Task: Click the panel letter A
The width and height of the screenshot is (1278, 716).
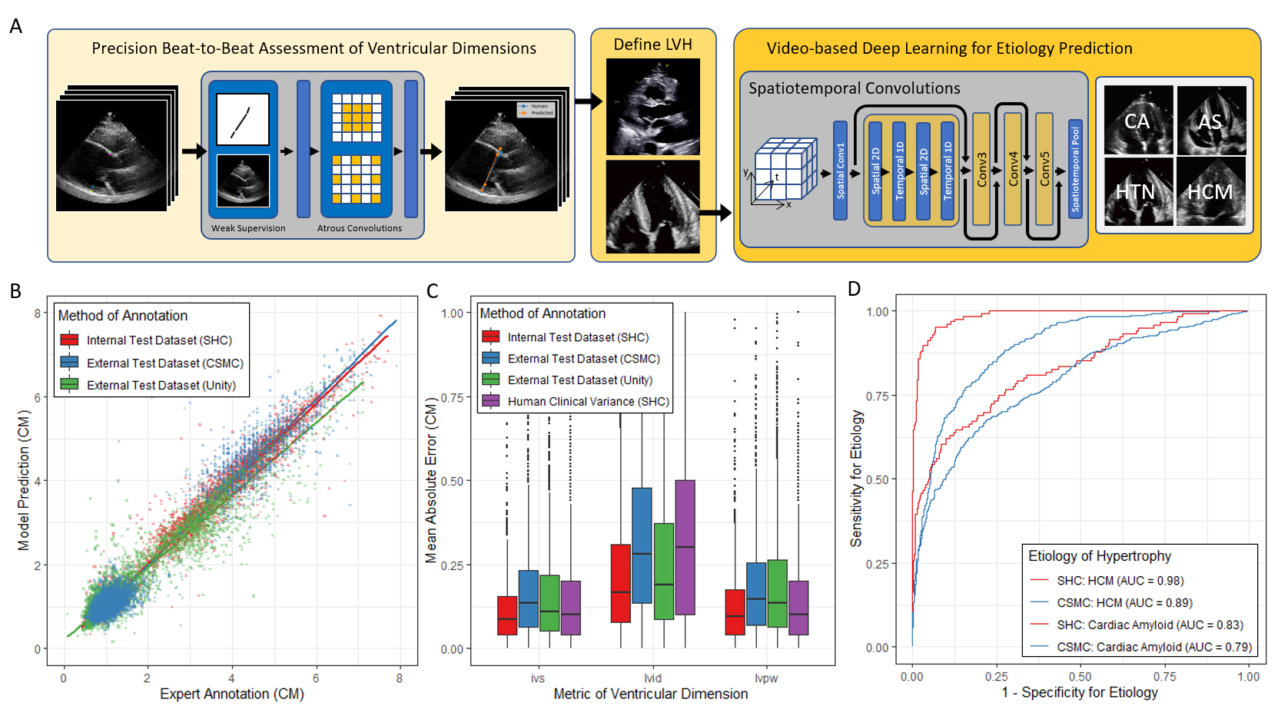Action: pos(15,27)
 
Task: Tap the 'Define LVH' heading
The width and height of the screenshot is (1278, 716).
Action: pos(652,45)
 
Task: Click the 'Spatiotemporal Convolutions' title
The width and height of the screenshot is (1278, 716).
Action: pos(854,88)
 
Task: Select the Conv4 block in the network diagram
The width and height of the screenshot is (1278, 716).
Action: pos(1013,169)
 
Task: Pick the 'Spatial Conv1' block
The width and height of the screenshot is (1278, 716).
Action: pos(840,171)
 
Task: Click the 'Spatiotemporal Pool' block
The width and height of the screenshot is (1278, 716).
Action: pos(1075,169)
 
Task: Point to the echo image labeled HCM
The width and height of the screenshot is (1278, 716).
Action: pos(1210,191)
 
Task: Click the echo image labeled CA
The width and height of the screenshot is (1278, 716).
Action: pos(1138,121)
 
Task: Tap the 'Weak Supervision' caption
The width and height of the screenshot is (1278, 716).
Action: pos(248,228)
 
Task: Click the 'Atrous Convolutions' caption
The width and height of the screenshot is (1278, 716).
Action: pos(360,228)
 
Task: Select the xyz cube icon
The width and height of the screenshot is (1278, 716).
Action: pos(784,171)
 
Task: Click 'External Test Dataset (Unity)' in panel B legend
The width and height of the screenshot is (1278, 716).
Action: pos(161,385)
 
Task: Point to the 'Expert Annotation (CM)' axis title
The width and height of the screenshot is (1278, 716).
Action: pos(231,694)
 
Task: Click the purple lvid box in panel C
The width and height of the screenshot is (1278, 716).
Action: pos(685,547)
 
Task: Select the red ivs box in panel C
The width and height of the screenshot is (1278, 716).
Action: pos(507,615)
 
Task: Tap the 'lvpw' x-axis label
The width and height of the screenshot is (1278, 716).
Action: pos(766,678)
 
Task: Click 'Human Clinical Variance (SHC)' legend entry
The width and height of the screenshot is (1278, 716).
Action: pos(588,401)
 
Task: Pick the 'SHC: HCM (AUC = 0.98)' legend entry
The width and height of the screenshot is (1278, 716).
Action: pos(1120,581)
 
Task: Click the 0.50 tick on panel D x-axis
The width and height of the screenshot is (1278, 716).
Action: pos(1080,677)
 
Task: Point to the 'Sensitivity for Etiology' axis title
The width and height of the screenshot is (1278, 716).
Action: pos(856,478)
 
